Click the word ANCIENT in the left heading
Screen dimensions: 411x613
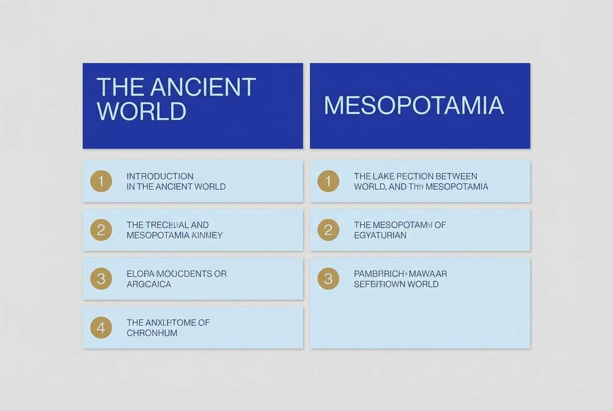pos(203,87)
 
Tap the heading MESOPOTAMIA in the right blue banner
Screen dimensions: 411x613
pos(414,106)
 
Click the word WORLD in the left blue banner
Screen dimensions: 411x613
pos(141,111)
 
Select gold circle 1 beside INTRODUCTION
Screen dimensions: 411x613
pos(101,181)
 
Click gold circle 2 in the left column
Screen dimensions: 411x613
pos(101,230)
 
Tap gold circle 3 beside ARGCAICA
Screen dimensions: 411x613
pos(101,279)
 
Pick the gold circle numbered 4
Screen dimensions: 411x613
pos(101,328)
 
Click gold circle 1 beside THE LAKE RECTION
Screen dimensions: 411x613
pos(328,181)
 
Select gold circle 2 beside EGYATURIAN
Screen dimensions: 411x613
pos(328,230)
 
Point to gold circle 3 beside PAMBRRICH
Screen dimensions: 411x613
pos(328,279)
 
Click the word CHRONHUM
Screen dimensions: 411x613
pos(152,333)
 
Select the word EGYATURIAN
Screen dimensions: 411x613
pos(380,236)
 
